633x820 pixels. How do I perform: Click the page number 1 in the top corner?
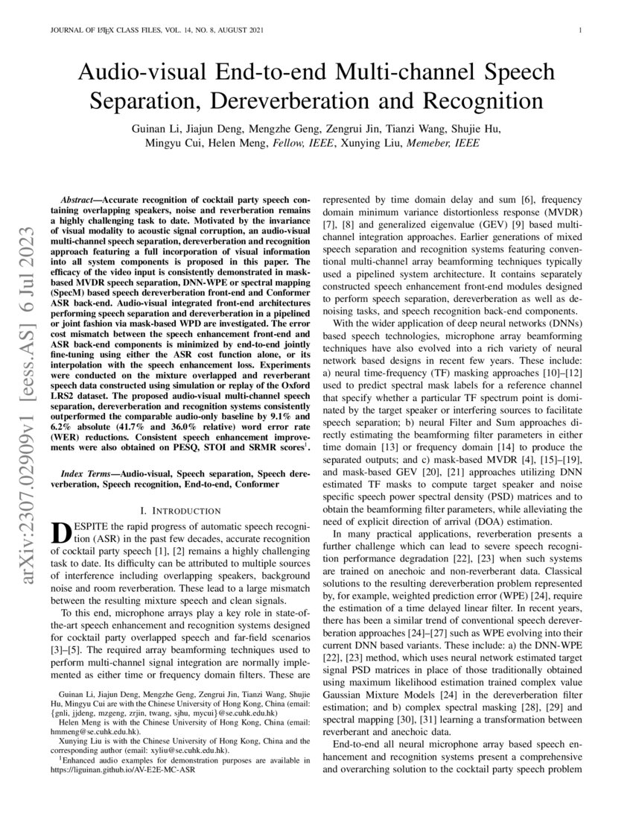pos(579,31)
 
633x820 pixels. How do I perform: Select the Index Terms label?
pos(86,473)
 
